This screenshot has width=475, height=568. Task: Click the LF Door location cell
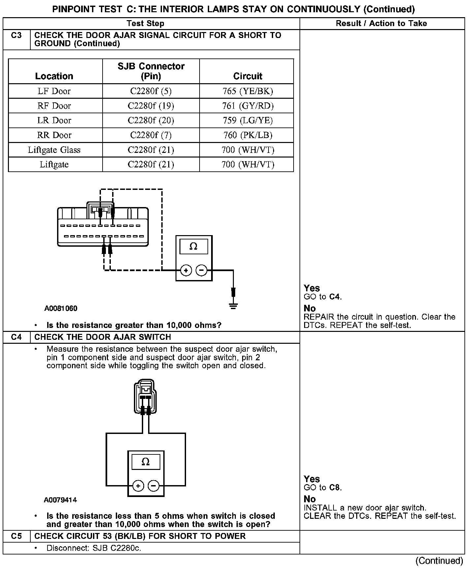[x=54, y=91]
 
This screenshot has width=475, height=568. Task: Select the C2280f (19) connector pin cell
[x=151, y=106]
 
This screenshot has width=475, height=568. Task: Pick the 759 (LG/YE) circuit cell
[x=248, y=120]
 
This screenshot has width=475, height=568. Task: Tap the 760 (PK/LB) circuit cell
[x=248, y=135]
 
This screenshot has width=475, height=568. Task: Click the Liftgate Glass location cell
[x=54, y=150]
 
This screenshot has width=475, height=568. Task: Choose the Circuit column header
[x=248, y=76]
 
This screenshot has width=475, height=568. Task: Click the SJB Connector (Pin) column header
[x=151, y=71]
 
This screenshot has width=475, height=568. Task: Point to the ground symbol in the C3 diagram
[x=233, y=305]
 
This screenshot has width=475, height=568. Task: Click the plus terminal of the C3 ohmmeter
[x=186, y=270]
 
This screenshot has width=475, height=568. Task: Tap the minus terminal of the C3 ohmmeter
[x=201, y=270]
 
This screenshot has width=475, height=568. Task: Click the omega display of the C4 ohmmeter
[x=145, y=462]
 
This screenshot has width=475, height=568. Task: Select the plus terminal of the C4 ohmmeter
[x=138, y=486]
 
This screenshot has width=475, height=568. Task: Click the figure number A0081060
[x=61, y=308]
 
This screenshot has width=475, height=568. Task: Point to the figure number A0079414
[x=60, y=500]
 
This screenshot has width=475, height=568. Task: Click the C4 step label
[x=16, y=337]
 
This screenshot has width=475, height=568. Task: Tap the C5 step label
[x=16, y=536]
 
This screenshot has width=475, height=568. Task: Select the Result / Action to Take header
[x=381, y=23]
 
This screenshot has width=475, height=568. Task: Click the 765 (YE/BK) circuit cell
[x=248, y=91]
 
